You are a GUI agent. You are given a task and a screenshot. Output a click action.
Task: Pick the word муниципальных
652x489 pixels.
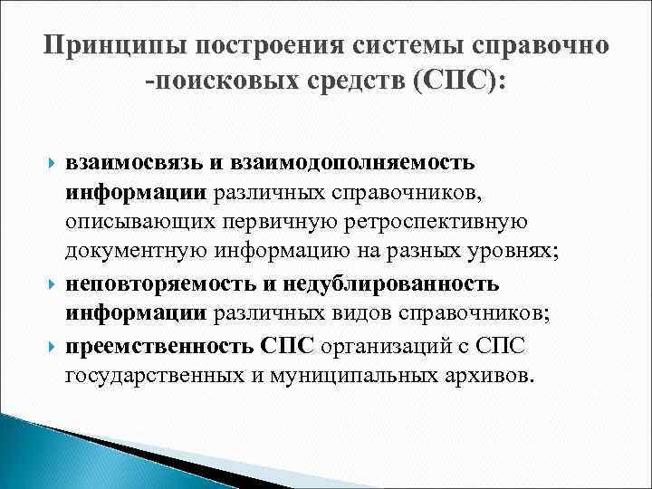[x=347, y=375]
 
